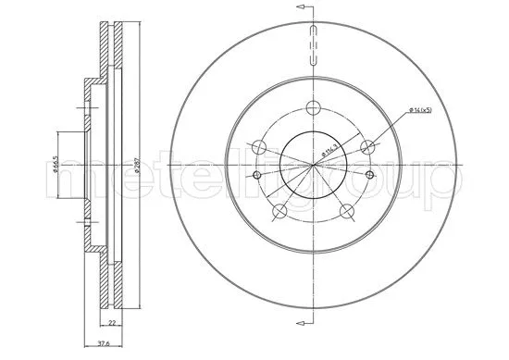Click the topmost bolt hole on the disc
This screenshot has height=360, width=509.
(315, 104)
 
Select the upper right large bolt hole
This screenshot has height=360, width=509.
(369, 144)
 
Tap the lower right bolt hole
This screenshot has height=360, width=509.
(348, 210)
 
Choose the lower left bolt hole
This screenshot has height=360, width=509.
(279, 210)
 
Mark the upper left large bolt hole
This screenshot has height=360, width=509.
(259, 145)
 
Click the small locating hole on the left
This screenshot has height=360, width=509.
(255, 174)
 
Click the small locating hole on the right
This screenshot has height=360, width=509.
(373, 174)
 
